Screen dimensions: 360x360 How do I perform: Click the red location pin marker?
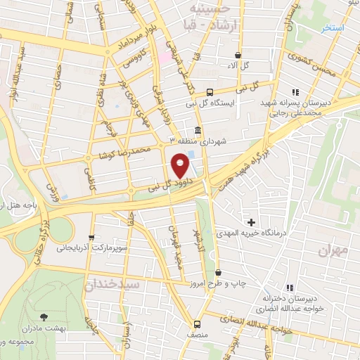pyautogui.click(x=180, y=166)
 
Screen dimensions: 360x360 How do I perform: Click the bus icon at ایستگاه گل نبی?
pyautogui.click(x=210, y=93)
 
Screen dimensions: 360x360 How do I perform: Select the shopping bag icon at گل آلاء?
pyautogui.click(x=238, y=55)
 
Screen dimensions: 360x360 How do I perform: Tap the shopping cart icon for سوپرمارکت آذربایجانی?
pyautogui.click(x=91, y=238)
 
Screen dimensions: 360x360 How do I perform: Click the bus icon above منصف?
pyautogui.click(x=197, y=324)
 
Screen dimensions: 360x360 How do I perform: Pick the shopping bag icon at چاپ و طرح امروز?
pyautogui.click(x=219, y=272)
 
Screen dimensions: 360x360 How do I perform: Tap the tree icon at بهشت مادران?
pyautogui.click(x=44, y=318)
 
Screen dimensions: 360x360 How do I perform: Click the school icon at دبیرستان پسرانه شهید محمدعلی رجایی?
pyautogui.click(x=296, y=92)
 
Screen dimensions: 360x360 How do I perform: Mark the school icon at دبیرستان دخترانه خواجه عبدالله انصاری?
pyautogui.click(x=290, y=288)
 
